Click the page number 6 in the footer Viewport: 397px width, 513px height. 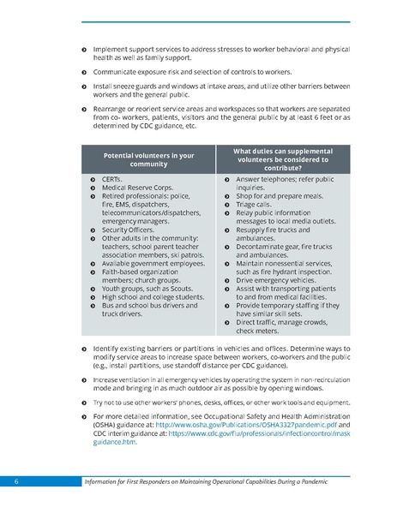16,482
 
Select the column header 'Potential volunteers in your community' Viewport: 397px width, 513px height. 148,160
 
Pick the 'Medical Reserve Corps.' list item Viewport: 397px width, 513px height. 138,188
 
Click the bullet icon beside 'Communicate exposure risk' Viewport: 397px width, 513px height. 83,73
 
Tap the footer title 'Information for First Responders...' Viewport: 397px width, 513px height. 213,482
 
